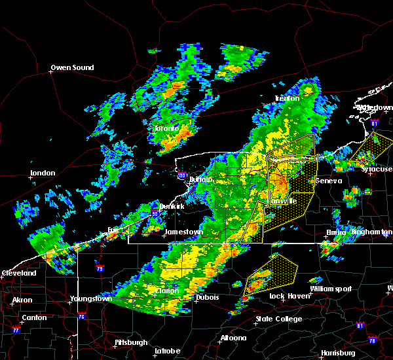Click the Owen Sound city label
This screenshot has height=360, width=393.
click(x=73, y=67)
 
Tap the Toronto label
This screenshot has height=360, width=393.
click(x=167, y=129)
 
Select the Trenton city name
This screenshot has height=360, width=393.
click(x=287, y=99)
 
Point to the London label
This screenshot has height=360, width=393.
click(x=43, y=174)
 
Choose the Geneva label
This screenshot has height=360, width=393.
click(x=328, y=181)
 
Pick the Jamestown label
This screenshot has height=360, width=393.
click(x=183, y=232)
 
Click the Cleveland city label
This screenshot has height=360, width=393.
click(x=18, y=273)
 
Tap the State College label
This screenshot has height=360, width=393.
click(x=279, y=319)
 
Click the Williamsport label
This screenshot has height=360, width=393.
click(x=331, y=289)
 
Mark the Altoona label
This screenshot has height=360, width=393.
click(x=233, y=338)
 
